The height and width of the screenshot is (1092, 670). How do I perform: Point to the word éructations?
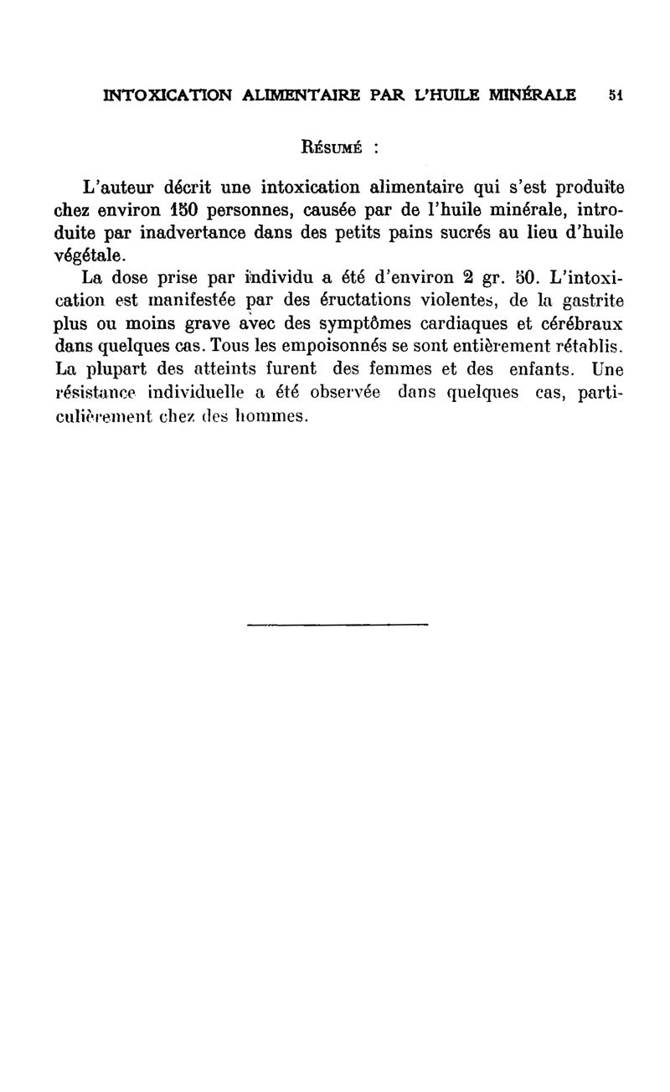[x=369, y=300]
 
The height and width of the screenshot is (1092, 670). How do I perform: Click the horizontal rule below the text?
[x=338, y=624]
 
